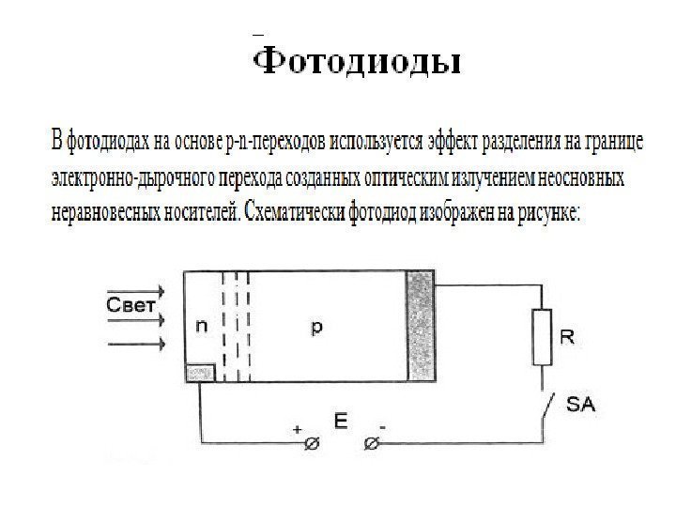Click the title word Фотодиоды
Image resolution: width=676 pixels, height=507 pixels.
pos(359,63)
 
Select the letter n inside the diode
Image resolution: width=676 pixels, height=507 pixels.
pos(201,327)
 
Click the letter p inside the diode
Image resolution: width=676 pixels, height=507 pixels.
pos(316,327)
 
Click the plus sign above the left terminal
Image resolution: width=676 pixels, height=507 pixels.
pos(298,428)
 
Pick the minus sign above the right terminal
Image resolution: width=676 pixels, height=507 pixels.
pos(383,428)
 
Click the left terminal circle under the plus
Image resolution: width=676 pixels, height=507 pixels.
pos(311,443)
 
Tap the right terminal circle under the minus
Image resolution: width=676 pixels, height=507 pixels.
pos(371,443)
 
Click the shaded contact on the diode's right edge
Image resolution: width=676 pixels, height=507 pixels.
pos(421,326)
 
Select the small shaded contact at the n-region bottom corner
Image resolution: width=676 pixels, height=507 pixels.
pos(200,373)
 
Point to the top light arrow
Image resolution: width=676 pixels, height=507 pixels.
pos(137,291)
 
